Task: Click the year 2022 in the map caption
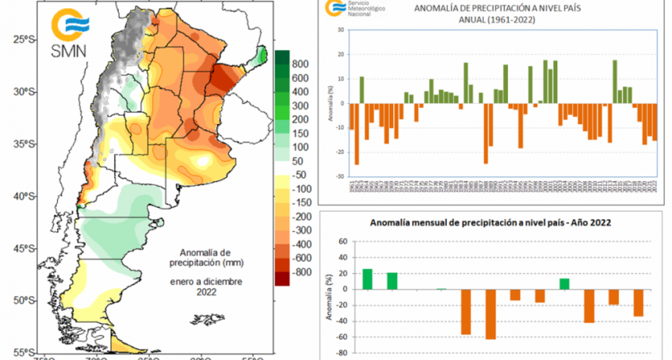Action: point(207,291)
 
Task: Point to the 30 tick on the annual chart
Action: point(340,30)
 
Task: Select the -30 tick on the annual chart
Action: point(338,175)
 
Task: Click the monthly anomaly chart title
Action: point(491,222)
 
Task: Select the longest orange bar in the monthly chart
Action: point(491,314)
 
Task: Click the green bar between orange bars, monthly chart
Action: point(564,283)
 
